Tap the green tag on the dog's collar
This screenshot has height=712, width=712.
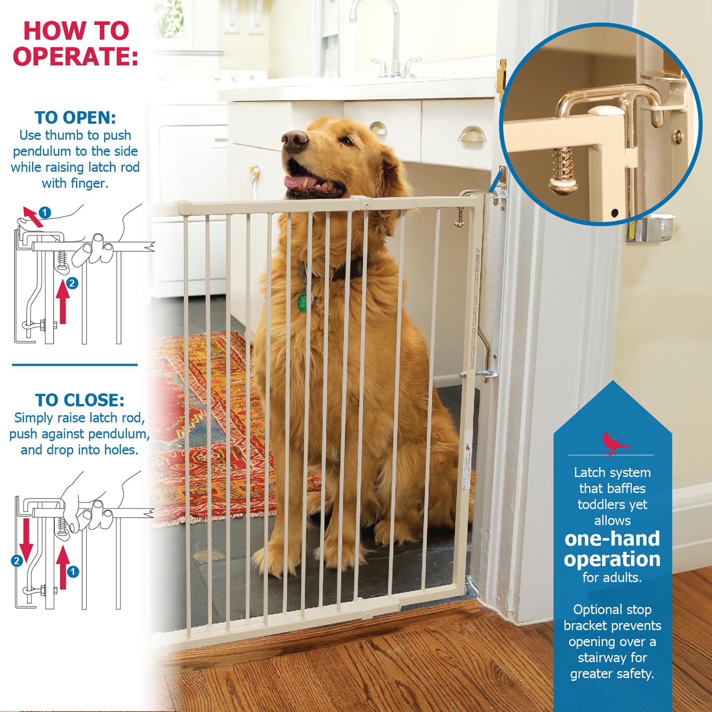click(302, 303)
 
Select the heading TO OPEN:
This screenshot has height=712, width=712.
click(75, 118)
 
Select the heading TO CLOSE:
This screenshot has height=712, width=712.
click(80, 400)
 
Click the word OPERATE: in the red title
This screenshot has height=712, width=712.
click(75, 56)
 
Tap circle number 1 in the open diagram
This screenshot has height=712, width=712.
click(44, 213)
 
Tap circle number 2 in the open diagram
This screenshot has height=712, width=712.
click(72, 283)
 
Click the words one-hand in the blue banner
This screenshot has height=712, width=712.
click(612, 539)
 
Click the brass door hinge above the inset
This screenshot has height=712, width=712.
click(501, 75)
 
